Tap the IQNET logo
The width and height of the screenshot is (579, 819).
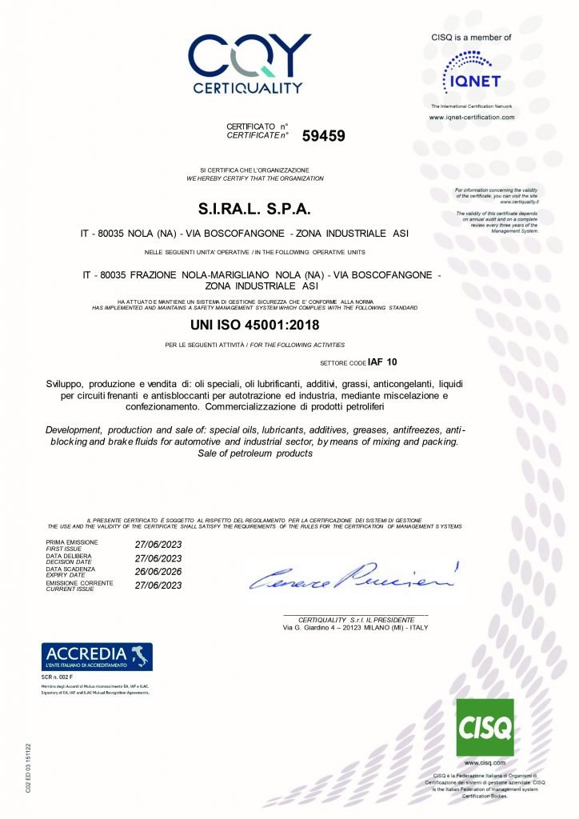472,71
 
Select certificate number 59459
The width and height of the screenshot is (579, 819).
323,136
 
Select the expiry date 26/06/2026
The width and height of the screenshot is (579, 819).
159,571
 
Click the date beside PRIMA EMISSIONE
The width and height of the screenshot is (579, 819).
159,545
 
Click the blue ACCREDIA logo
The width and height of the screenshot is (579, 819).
97,656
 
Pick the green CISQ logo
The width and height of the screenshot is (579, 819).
485,726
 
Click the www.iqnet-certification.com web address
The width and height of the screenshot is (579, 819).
472,118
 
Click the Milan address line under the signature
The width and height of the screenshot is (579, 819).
356,628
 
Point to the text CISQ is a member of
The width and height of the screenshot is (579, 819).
471,37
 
